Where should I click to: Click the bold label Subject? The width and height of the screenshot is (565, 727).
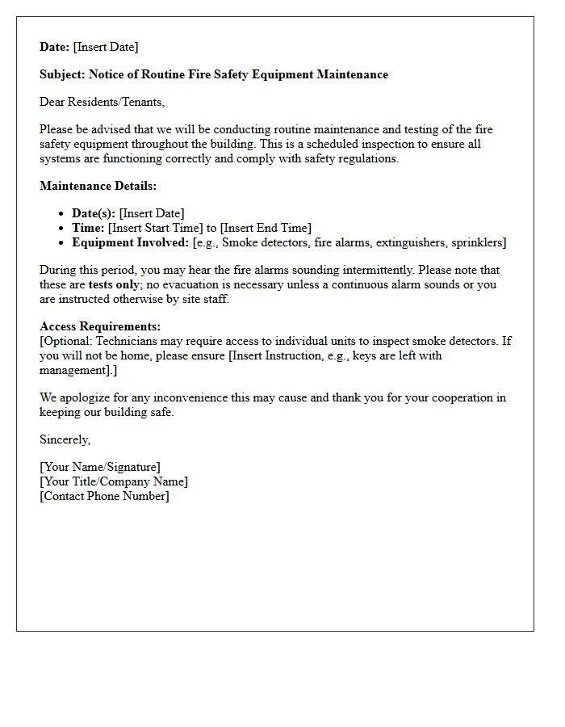pyautogui.click(x=62, y=74)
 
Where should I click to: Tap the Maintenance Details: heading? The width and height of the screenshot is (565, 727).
pyautogui.click(x=98, y=186)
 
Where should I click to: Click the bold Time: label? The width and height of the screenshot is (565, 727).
pyautogui.click(x=88, y=228)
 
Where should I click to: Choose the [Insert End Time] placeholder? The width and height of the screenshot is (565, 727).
pyautogui.click(x=265, y=228)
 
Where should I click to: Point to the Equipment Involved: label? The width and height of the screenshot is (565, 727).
pyautogui.click(x=130, y=242)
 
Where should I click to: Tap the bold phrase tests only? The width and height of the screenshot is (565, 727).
pyautogui.click(x=113, y=284)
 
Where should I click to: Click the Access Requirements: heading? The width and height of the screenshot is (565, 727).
pyautogui.click(x=100, y=326)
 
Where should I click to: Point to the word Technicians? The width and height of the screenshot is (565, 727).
pyautogui.click(x=128, y=341)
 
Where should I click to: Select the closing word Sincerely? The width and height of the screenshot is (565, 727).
pyautogui.click(x=65, y=439)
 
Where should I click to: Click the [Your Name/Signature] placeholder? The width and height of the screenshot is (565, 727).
pyautogui.click(x=100, y=467)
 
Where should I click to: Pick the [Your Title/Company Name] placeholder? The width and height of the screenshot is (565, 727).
pyautogui.click(x=114, y=481)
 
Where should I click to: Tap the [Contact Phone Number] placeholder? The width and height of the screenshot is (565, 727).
pyautogui.click(x=104, y=496)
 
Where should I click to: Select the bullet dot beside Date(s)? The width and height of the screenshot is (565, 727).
pyautogui.click(x=62, y=214)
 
